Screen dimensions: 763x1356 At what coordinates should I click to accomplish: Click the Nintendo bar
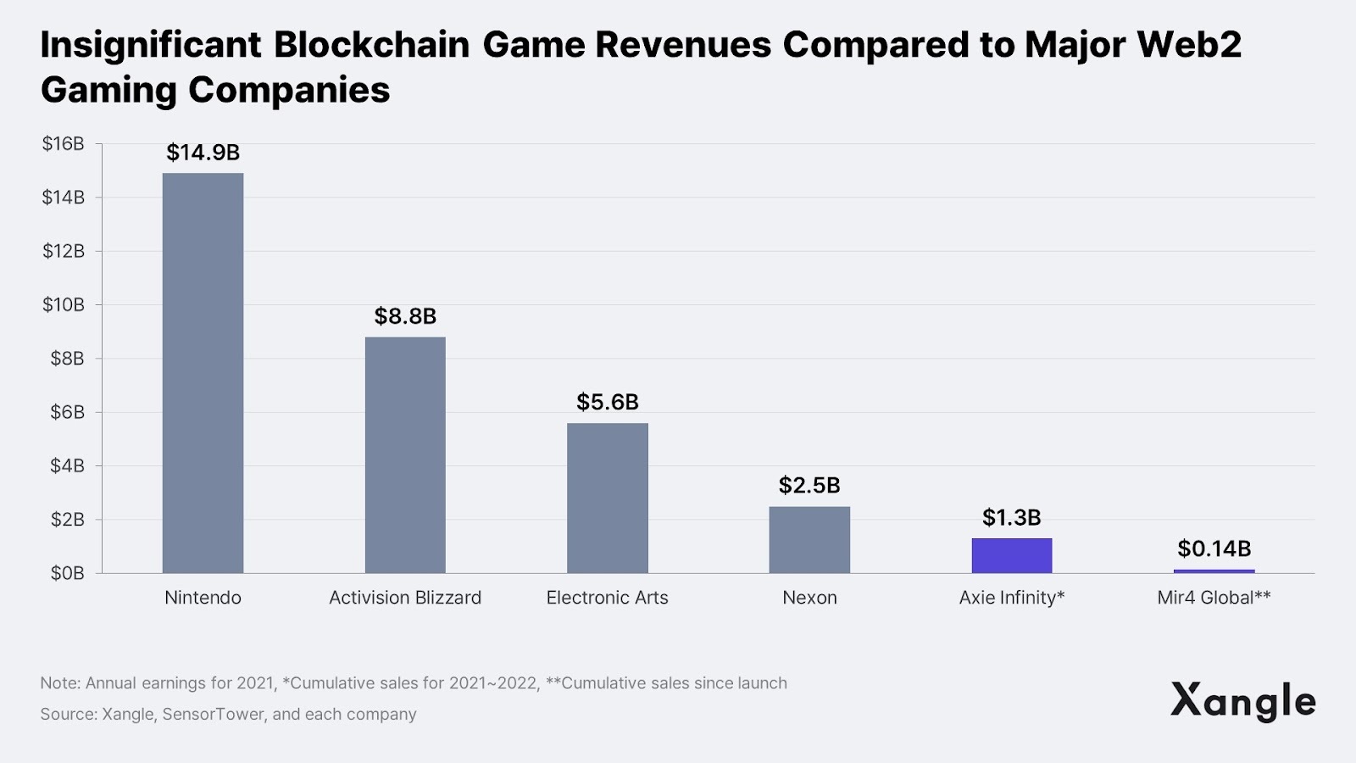pyautogui.click(x=203, y=373)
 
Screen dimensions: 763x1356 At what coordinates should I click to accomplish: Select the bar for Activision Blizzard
pyautogui.click(x=405, y=454)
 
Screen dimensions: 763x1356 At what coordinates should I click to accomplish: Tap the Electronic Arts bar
pyautogui.click(x=607, y=498)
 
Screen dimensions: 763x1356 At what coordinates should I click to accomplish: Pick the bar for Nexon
pyautogui.click(x=809, y=539)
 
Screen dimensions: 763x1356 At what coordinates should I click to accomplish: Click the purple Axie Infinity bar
pyautogui.click(x=1011, y=555)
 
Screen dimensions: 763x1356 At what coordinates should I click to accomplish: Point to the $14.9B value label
pyautogui.click(x=203, y=153)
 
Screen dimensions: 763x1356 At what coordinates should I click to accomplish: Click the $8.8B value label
pyautogui.click(x=405, y=316)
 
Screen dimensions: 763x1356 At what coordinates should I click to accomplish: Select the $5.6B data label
pyautogui.click(x=607, y=402)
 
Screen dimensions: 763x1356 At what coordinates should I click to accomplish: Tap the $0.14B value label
pyautogui.click(x=1214, y=549)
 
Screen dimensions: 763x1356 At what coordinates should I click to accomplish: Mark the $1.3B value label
pyautogui.click(x=1011, y=517)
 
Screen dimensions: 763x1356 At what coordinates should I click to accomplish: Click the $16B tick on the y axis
pyautogui.click(x=64, y=144)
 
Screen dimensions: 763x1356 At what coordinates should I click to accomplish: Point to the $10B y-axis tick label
pyautogui.click(x=64, y=305)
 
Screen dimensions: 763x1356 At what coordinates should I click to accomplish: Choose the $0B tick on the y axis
pyautogui.click(x=67, y=573)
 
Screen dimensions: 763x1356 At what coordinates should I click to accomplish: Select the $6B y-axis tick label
pyautogui.click(x=67, y=412)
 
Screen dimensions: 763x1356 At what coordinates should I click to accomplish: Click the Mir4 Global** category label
pyautogui.click(x=1214, y=598)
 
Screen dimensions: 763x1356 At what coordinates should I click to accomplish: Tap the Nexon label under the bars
pyautogui.click(x=809, y=598)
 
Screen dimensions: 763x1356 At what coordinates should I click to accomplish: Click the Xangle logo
pyautogui.click(x=1242, y=701)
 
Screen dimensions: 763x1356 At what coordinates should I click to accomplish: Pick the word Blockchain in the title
pyautogui.click(x=371, y=45)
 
